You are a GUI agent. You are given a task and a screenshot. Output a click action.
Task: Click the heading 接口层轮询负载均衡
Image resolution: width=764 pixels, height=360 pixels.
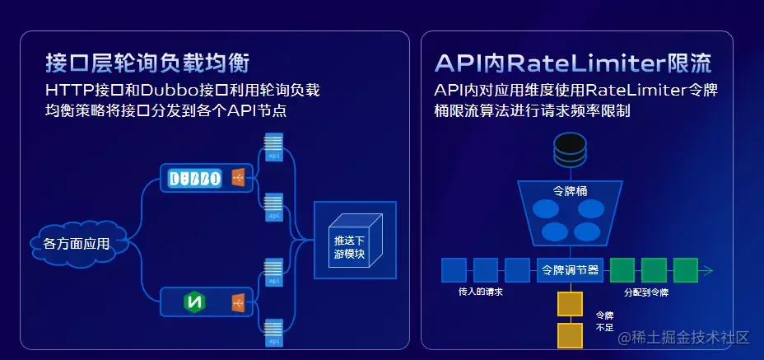coord(148,63)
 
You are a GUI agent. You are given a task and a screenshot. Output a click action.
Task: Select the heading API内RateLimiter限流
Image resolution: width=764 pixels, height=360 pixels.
coord(573,63)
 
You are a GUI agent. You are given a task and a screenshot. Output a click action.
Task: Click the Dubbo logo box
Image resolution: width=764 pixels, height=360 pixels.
coord(195,178)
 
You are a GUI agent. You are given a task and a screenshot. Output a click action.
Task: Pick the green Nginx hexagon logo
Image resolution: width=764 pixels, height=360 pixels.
coord(195,302)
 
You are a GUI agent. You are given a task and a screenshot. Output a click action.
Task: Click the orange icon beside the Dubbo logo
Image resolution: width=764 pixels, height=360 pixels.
coord(238,178)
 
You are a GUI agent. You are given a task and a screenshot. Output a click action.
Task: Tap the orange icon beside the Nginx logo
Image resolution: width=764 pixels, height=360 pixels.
coord(238,303)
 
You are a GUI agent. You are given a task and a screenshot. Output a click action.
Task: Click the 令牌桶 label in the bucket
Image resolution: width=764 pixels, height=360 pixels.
coord(570,190)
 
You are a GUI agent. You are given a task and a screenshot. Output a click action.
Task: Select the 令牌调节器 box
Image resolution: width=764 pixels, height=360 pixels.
coord(570,269)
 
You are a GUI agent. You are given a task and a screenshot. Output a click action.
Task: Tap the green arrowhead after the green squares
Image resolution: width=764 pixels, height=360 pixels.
coord(708,270)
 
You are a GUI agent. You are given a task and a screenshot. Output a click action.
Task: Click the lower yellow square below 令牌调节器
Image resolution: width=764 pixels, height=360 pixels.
coord(570,335)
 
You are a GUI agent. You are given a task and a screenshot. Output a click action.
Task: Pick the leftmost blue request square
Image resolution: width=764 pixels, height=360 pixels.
coord(454,270)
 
